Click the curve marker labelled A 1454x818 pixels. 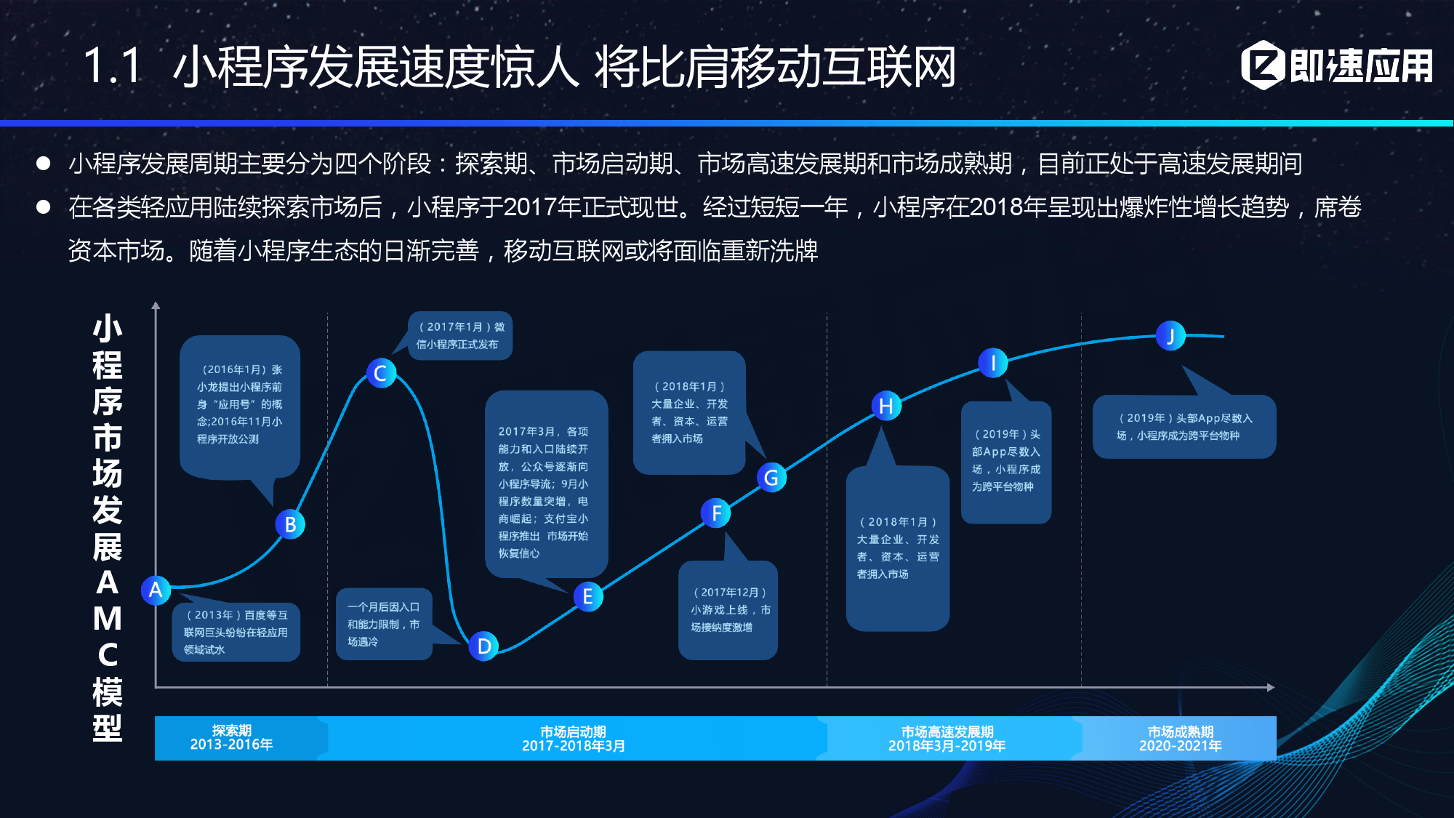tap(156, 590)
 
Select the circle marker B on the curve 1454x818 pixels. tap(290, 524)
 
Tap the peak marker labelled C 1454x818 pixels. tap(381, 373)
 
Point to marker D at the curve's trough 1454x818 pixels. tap(483, 646)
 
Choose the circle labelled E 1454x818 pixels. tap(588, 597)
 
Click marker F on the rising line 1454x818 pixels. tap(716, 513)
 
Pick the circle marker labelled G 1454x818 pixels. tap(771, 478)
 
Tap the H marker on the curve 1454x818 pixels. tap(886, 406)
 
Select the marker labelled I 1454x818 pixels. tap(993, 363)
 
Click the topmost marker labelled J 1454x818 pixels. tap(1170, 336)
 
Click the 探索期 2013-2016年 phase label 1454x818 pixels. tap(232, 737)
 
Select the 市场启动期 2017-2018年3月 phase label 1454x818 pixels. tap(574, 739)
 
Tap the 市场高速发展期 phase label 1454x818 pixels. tap(947, 739)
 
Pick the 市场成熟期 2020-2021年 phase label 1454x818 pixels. tap(1180, 739)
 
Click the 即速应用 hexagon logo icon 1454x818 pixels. tap(1264, 65)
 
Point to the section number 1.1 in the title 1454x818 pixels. tap(112, 66)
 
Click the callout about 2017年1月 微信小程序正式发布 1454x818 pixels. tap(459, 336)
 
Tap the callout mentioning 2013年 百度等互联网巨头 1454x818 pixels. tap(236, 632)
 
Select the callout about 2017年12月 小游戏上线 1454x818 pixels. tap(728, 609)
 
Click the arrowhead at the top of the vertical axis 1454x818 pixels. tap(156, 306)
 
